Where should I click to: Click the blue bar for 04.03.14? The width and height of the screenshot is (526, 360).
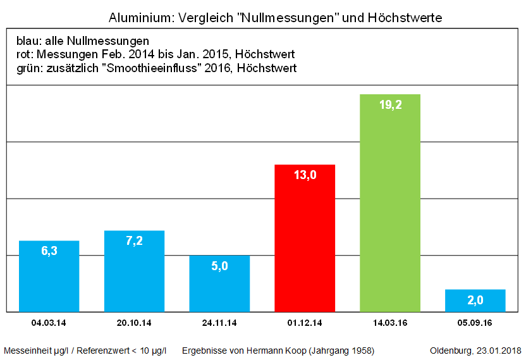(49, 282)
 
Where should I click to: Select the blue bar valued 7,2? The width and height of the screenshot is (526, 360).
(134, 278)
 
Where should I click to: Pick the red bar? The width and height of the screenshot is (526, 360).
(305, 247)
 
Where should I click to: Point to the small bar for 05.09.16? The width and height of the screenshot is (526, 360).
(475, 301)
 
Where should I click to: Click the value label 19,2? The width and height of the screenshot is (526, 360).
(390, 106)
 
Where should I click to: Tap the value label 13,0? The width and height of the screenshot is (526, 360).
(305, 175)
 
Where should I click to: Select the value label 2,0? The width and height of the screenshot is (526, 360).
(475, 299)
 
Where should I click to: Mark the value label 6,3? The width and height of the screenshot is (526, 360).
(49, 251)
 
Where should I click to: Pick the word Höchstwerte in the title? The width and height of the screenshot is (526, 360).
(405, 18)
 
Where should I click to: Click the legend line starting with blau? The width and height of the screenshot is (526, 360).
(83, 42)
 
